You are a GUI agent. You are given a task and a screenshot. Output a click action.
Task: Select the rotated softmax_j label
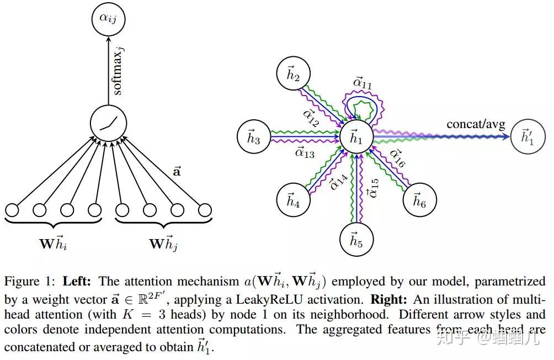click(x=118, y=70)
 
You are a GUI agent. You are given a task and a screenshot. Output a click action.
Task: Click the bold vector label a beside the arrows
click(x=177, y=172)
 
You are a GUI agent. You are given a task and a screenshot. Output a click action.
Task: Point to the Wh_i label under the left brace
click(x=54, y=243)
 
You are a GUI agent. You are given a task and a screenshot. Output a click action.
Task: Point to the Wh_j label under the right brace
click(x=163, y=243)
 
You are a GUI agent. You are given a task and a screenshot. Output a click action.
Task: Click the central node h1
click(x=357, y=136)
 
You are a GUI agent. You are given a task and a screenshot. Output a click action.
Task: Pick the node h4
click(x=294, y=200)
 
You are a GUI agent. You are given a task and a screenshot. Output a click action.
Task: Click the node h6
click(x=419, y=199)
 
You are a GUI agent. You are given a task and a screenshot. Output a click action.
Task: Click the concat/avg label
click(x=475, y=124)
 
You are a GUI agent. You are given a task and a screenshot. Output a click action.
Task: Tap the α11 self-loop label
click(x=362, y=83)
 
